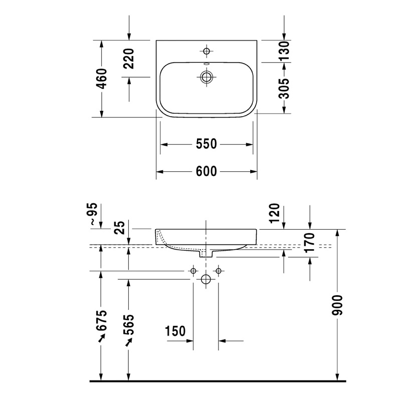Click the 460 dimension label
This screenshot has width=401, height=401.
pyautogui.click(x=102, y=79)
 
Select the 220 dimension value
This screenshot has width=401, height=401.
pyautogui.click(x=129, y=59)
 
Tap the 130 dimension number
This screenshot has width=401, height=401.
pyautogui.click(x=284, y=51)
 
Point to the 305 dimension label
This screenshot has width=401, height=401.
pyautogui.click(x=284, y=89)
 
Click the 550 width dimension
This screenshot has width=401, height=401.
pyautogui.click(x=207, y=144)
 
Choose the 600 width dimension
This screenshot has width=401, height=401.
pyautogui.click(x=207, y=171)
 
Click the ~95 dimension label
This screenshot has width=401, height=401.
pyautogui.click(x=94, y=214)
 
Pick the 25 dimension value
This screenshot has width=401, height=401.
pyautogui.click(x=120, y=228)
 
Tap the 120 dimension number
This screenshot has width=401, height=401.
pyautogui.click(x=275, y=214)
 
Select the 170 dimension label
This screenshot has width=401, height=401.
pyautogui.click(x=310, y=243)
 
